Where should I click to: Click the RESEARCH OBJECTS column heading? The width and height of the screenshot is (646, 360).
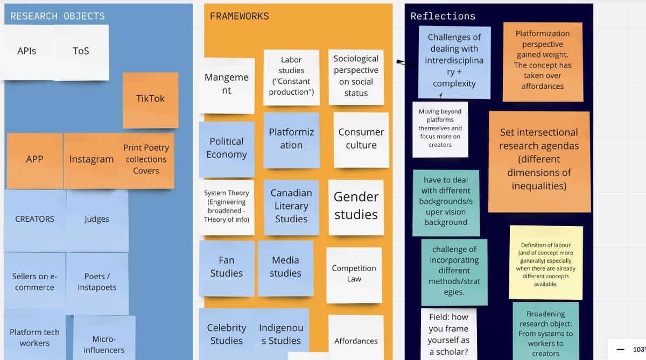pos(58,16)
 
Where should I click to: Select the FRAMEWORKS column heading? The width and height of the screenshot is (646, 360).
pos(239,16)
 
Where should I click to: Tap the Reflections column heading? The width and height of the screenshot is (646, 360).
pos(443,16)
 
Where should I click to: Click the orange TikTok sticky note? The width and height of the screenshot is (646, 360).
pos(150,99)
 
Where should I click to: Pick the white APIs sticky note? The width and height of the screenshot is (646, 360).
pos(27,52)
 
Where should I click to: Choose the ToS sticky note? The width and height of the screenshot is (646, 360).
pos(81,52)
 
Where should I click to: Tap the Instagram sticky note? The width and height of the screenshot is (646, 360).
pos(91,159)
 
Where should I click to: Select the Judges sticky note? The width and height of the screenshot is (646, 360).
pos(97,219)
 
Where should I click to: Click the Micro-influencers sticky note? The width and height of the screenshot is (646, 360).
pos(104,344)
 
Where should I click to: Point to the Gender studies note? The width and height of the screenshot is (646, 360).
pos(356,206)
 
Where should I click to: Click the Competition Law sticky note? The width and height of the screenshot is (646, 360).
pos(354,273)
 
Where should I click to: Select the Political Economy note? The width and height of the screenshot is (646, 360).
pos(226,148)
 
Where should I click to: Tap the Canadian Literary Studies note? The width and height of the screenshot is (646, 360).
pos(291,206)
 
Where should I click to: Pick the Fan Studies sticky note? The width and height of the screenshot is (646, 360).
pos(226,267)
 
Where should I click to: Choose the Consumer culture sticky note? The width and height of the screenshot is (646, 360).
pos(361,139)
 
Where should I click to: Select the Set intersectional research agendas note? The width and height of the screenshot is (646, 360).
pos(539,160)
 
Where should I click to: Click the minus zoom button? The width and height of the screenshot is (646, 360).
pos(620,348)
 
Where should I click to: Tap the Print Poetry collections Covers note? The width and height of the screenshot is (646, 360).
pos(146,159)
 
